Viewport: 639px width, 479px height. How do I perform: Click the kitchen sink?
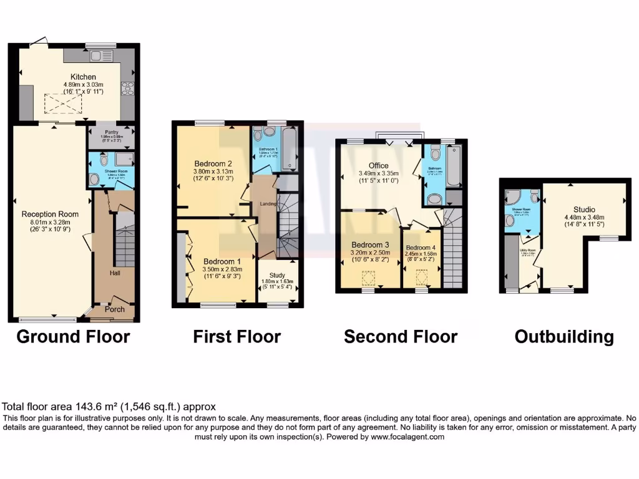tap(100, 56)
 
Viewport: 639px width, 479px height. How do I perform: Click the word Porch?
tap(115, 309)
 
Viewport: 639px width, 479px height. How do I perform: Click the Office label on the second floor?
tap(378, 165)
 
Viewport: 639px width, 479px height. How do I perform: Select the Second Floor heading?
tap(401, 337)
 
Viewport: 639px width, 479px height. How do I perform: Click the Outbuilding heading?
tap(564, 337)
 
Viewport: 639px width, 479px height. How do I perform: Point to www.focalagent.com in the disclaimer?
tap(407, 437)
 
